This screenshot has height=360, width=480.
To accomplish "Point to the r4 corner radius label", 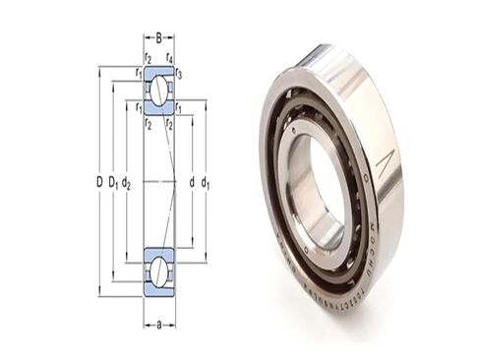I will coord(170,58).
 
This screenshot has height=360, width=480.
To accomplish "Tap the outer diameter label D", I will coord(98,181).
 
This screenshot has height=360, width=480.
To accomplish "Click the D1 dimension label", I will coord(114,181).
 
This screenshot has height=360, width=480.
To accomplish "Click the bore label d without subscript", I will coord(190,181).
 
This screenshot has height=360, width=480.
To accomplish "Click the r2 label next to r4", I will coord(148,58).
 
